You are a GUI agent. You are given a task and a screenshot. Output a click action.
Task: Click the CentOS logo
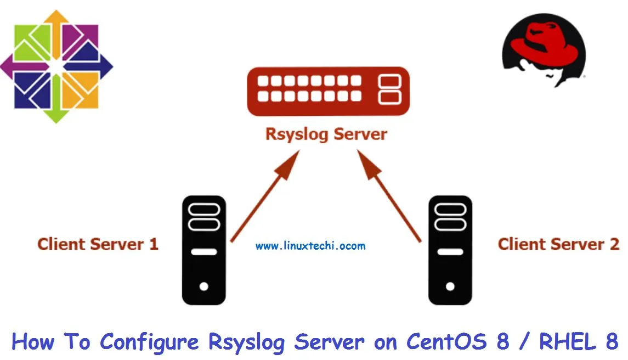[x=56, y=66]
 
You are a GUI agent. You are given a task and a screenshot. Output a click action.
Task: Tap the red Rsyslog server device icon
[x=327, y=91]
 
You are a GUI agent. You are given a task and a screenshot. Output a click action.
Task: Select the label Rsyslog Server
[x=326, y=134]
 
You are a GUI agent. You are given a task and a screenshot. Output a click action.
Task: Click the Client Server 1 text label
[x=98, y=244]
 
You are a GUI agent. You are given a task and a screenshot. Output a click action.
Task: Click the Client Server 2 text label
[x=558, y=244]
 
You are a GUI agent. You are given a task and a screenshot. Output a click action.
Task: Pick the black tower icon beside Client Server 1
[x=203, y=250]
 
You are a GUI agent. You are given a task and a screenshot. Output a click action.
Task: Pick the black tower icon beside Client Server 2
[x=450, y=250]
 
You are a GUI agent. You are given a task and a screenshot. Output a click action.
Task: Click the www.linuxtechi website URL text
[x=310, y=246]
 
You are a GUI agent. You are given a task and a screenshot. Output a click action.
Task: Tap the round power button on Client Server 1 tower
[x=203, y=286]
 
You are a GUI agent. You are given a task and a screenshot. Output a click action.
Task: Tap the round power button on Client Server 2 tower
[x=450, y=286]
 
